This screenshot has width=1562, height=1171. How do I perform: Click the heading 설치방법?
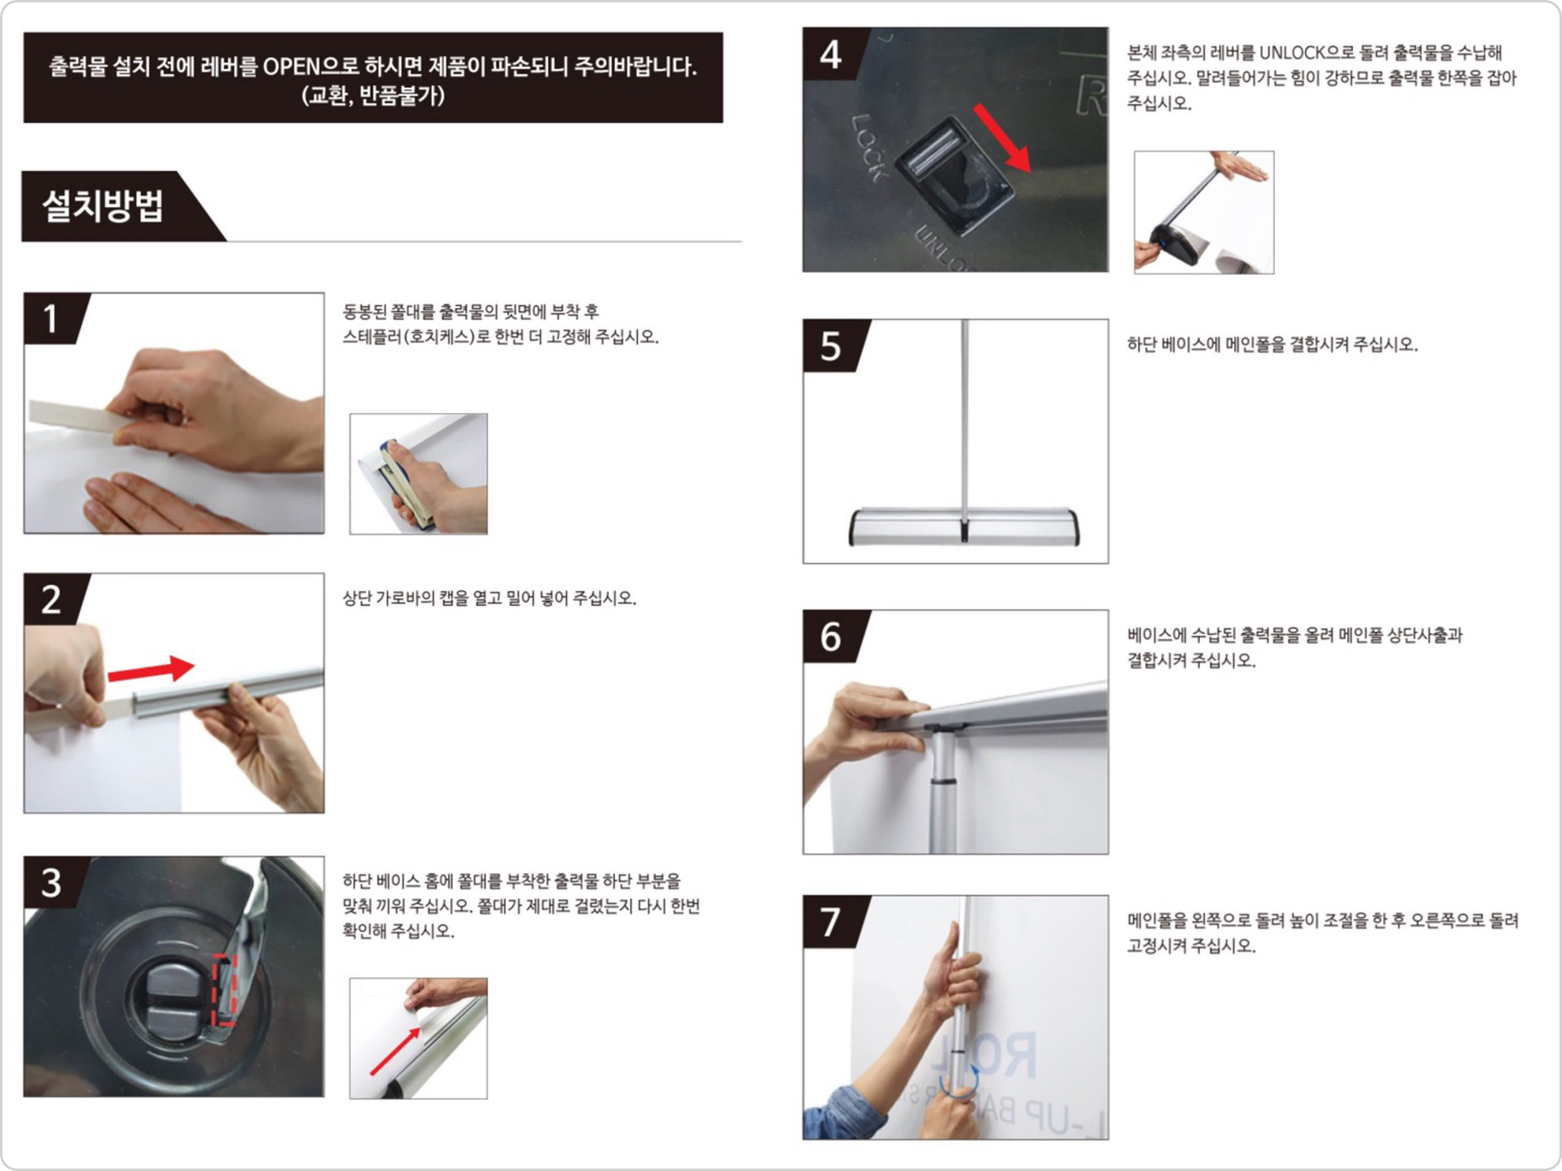tap(103, 206)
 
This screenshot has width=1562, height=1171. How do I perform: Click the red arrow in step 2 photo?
tap(151, 669)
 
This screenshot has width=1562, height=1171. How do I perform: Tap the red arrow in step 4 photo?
tap(1003, 137)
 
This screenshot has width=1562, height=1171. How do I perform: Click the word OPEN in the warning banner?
tap(297, 67)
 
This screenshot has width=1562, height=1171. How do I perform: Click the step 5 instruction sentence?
tap(1272, 345)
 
